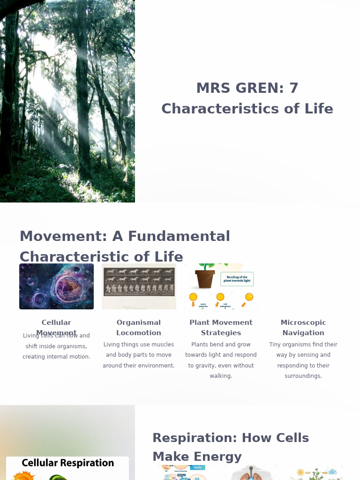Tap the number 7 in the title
coord(293,88)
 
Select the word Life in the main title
coord(318,109)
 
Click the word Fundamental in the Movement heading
coord(179,236)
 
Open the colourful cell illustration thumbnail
coord(56,286)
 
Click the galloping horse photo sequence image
coord(139,286)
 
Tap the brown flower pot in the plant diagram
coord(205,278)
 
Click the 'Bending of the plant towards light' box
coord(237,279)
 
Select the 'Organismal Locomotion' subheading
coord(139,328)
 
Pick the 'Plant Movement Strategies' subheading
coord(221,328)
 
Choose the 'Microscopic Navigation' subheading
coord(303,328)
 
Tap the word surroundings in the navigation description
coord(303,376)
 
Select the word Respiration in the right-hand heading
coord(197,438)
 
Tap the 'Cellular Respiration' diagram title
coord(67,463)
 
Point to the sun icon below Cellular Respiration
coord(21,476)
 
